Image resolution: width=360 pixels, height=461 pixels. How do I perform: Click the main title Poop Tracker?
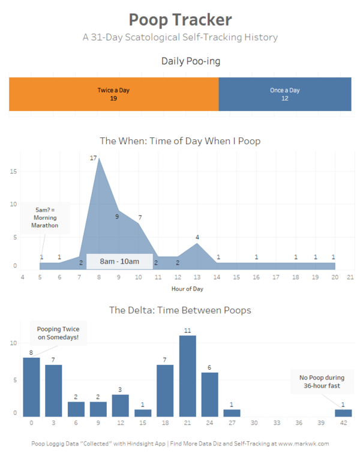pyautogui.click(x=180, y=19)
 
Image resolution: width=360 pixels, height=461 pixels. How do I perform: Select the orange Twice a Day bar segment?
pyautogui.click(x=113, y=94)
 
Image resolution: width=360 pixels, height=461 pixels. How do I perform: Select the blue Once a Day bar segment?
pyautogui.click(x=285, y=94)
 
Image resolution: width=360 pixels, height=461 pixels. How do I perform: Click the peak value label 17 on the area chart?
pyautogui.click(x=94, y=158)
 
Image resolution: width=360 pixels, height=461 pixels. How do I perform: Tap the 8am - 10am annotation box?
pyautogui.click(x=119, y=261)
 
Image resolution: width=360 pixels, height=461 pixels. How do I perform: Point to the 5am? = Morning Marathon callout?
pyautogui.click(x=46, y=217)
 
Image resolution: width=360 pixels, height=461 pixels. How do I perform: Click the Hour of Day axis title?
pyautogui.click(x=187, y=289)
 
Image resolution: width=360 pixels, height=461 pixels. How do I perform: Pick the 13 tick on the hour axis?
pyautogui.click(x=197, y=277)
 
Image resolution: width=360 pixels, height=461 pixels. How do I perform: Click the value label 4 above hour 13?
pyautogui.click(x=197, y=237)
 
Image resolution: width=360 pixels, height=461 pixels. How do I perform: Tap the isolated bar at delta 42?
pyautogui.click(x=343, y=413)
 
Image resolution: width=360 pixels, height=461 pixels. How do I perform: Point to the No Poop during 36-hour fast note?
pyautogui.click(x=322, y=382)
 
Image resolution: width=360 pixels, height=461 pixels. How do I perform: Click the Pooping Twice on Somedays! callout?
pyautogui.click(x=58, y=333)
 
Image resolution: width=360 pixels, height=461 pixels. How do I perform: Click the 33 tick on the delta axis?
pyautogui.click(x=277, y=423)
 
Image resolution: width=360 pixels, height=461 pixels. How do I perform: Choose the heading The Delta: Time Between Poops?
pyautogui.click(x=180, y=310)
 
